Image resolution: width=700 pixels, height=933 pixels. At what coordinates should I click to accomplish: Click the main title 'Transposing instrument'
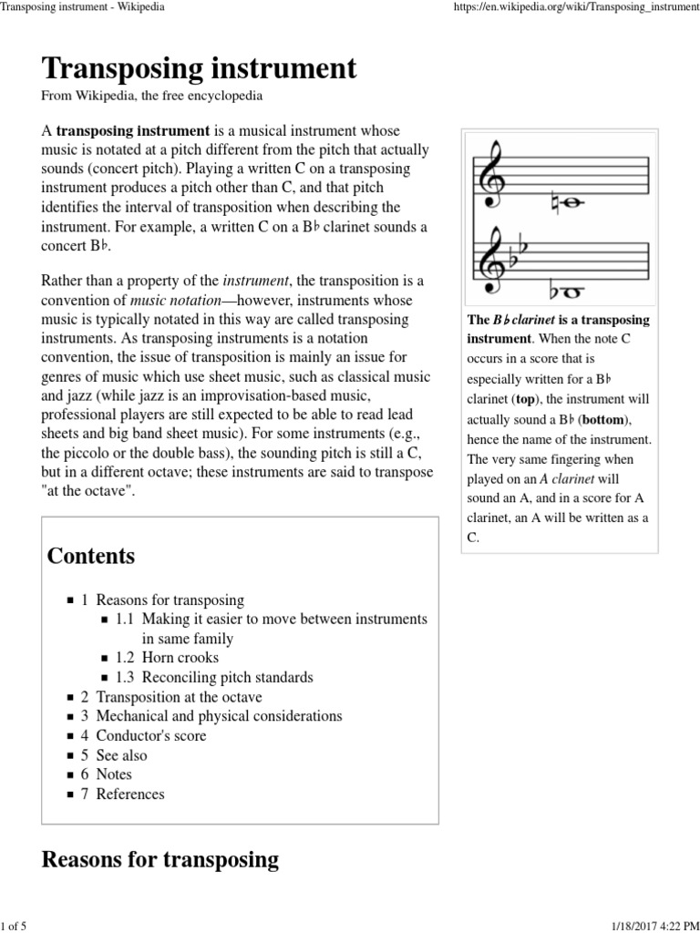(199, 68)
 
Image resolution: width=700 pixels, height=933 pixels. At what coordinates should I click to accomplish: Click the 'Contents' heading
(90, 556)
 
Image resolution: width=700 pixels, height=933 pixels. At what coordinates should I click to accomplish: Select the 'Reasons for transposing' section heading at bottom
(160, 859)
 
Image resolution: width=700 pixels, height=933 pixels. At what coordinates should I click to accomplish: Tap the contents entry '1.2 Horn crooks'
(167, 658)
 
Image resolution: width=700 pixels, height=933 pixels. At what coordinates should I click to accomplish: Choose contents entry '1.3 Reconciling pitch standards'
(214, 677)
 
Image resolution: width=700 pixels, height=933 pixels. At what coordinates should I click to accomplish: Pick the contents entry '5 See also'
(114, 755)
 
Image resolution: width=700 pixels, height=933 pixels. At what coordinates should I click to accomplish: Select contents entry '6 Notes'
(107, 774)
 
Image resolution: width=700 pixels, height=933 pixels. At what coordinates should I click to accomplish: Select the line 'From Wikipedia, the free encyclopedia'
(152, 96)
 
